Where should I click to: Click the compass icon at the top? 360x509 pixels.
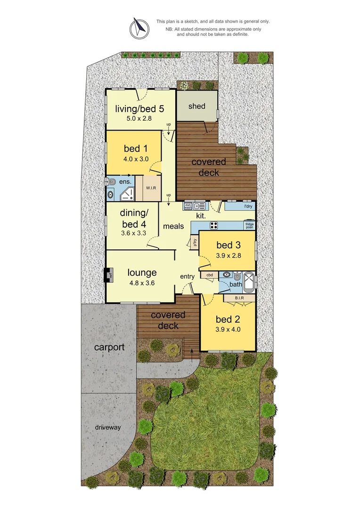pos(138,28)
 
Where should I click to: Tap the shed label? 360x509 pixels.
pos(197,106)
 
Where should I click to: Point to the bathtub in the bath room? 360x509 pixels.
pos(250,280)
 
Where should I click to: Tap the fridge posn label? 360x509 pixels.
pos(249,225)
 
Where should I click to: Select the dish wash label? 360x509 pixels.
pos(188,205)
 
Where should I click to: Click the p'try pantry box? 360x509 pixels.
pos(194,242)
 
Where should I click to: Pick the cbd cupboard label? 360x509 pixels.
pos(210,274)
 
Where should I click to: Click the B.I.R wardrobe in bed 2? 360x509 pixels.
pos(239,298)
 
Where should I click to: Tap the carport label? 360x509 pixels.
pos(109,347)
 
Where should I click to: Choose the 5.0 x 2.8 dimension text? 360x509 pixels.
pos(139,119)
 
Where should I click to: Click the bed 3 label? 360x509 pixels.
pos(228,245)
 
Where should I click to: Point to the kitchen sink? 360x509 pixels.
pos(201,206)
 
